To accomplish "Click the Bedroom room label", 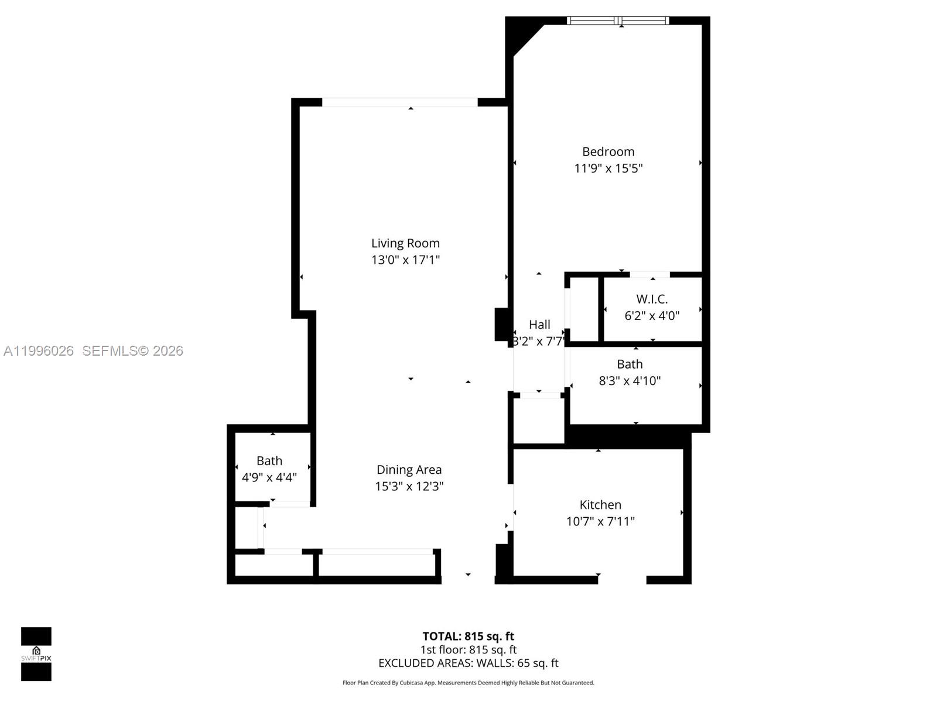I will point(608,152).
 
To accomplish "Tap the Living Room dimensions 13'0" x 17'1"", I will point(405,260).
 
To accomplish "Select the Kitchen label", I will point(600,505).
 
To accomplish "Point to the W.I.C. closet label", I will point(652,299).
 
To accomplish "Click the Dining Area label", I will point(409,470).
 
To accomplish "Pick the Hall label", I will point(539,325).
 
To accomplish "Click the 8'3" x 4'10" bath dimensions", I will point(630,381).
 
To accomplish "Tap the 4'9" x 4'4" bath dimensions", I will point(269,477).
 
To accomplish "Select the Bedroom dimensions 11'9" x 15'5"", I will point(608,168).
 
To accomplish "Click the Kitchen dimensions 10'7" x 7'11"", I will point(600,521).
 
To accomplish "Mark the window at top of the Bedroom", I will point(618,21).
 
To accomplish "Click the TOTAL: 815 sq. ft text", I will point(468,636).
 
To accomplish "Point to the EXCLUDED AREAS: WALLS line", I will point(468,663).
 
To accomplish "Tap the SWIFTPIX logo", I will point(36,654).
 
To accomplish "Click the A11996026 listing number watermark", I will point(39,350).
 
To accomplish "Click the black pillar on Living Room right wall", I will point(501,324).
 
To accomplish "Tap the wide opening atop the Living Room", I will point(399,102).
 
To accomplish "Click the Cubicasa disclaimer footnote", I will point(468,683).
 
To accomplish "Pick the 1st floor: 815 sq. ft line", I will point(468,649).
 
